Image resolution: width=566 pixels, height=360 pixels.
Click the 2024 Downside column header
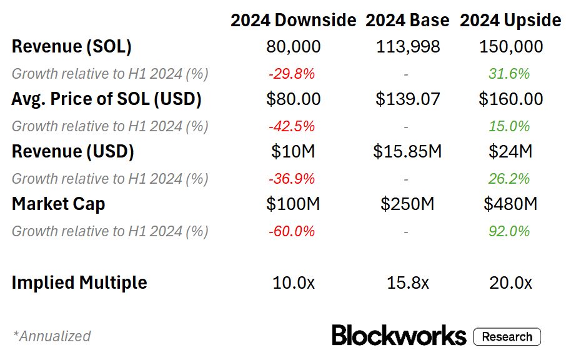293,21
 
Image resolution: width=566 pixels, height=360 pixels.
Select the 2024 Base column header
407,21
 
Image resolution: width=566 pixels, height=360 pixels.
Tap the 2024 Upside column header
510,21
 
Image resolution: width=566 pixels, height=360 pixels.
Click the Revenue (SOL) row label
72,47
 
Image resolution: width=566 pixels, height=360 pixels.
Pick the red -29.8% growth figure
292,74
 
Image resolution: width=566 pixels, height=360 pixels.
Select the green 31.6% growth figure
510,74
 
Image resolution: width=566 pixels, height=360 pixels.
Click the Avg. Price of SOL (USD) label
106,99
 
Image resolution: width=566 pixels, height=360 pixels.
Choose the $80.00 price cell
293,99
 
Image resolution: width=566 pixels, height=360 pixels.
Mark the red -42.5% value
292,126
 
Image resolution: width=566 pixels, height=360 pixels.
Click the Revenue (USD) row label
73,152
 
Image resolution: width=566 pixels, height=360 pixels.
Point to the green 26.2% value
510,179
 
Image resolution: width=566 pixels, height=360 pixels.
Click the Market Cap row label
58,204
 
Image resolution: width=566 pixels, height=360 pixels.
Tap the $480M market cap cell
510,204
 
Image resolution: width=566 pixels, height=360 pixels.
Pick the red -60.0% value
292,231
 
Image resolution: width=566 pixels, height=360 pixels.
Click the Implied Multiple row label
79,282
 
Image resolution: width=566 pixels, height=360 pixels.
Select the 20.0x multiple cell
510,282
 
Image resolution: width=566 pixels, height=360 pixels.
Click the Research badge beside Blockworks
507,336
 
